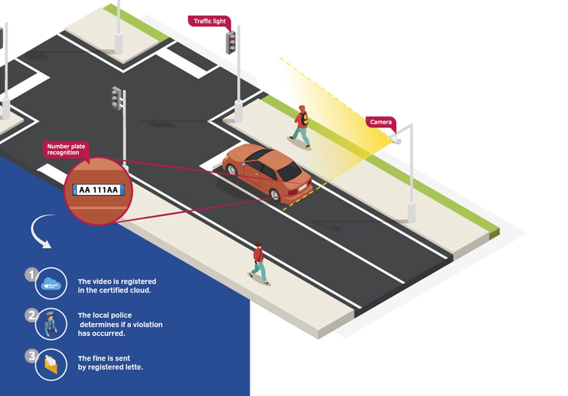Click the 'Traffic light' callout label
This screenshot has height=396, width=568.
pos(209,21)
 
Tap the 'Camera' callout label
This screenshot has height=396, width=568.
pos(381,122)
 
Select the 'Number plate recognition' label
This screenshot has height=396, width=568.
pos(66,150)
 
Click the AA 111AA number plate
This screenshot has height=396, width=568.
pos(98,190)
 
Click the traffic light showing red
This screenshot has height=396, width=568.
pos(231,42)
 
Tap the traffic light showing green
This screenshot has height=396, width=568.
pos(116,98)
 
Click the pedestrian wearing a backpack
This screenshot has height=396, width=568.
pos(301,126)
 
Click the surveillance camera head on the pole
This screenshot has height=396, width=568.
pos(396,140)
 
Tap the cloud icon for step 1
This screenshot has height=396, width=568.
pos(51,284)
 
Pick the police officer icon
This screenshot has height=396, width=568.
pos(50,324)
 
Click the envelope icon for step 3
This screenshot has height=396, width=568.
pos(51,365)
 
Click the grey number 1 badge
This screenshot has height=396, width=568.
pos(31,275)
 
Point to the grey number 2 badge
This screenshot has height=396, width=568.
pos(31,315)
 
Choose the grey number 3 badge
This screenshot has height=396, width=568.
pos(31,356)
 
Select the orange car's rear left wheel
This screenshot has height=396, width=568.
pos(275,195)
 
